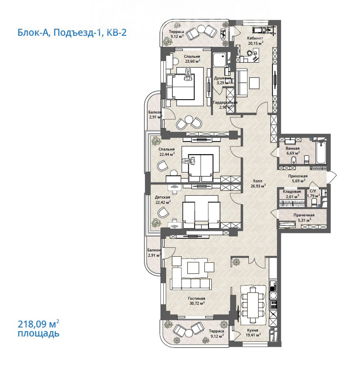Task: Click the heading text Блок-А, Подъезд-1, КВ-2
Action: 72,32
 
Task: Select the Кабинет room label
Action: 255,38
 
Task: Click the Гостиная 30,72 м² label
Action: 197,301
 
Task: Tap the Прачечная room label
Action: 304,215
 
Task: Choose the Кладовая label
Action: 292,191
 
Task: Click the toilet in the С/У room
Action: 314,203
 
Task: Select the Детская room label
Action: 162,197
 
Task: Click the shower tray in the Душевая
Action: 220,60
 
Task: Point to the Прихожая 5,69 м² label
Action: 297,178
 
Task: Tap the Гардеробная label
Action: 225,102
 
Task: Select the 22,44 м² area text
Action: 167,155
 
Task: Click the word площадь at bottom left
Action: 39,333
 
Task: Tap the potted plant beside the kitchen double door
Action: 236,262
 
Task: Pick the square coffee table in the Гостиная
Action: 193,268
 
